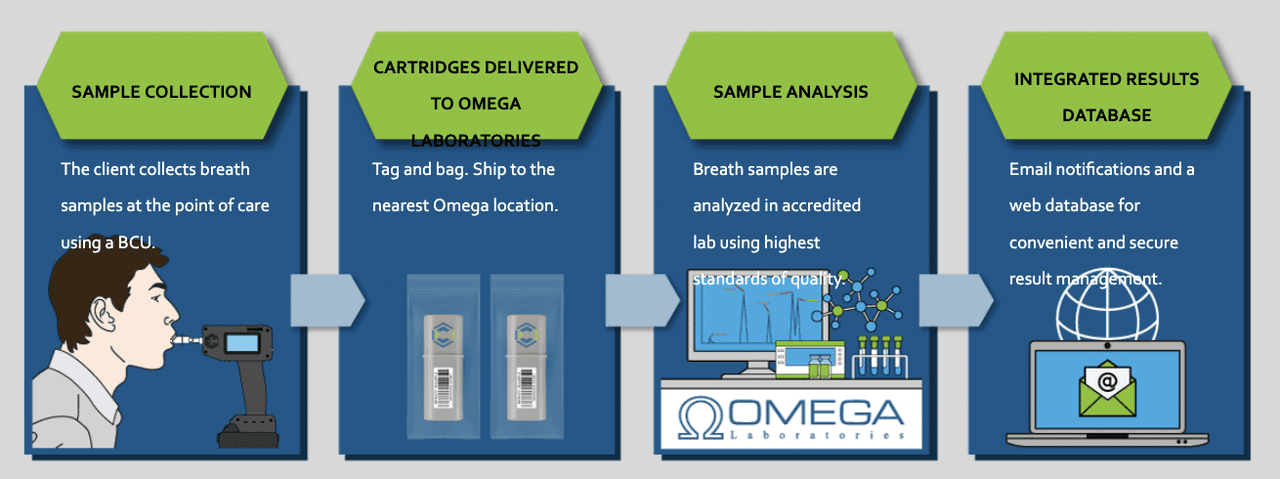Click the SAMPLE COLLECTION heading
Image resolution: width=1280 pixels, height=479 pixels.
(161, 92)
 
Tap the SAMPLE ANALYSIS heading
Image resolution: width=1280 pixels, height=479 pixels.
(790, 92)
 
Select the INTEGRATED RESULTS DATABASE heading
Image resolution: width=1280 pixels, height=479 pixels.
(1106, 97)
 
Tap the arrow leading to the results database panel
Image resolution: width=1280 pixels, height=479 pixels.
(955, 298)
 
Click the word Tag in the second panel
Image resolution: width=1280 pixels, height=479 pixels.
(385, 169)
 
